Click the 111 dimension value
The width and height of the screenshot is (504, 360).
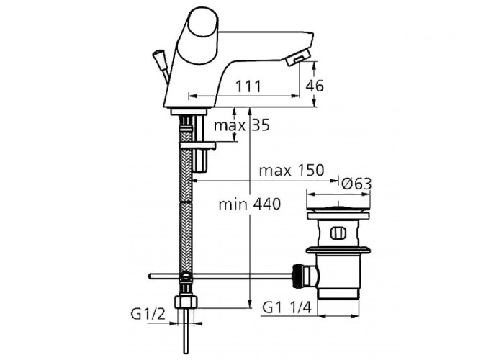point(248,86)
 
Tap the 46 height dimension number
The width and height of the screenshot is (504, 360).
point(315,86)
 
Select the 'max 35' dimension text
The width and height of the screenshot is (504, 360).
point(242,125)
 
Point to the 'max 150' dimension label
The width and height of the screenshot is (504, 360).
point(292,171)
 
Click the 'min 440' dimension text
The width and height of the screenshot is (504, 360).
point(249,204)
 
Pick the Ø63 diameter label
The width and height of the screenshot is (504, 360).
point(356,184)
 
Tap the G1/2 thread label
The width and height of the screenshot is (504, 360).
point(148,314)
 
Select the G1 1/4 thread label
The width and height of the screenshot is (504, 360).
point(287,308)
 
